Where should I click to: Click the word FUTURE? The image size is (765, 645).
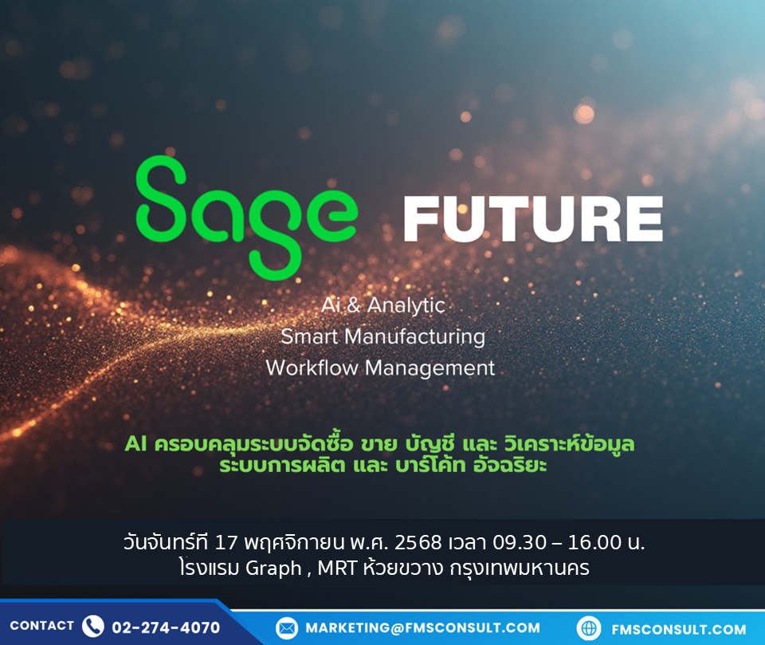point(533,219)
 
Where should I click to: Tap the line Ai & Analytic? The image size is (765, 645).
point(383,305)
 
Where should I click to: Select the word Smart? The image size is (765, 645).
point(309,336)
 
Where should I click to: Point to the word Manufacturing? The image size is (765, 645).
point(414,337)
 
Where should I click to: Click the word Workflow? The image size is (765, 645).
point(312,368)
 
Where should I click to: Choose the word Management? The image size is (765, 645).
point(430,368)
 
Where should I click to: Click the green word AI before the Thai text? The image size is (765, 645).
point(135,444)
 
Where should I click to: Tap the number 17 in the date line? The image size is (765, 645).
point(226,542)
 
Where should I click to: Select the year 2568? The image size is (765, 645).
point(418,542)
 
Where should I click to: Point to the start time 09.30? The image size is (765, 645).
point(520,542)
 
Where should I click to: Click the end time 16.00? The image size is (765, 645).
point(594,542)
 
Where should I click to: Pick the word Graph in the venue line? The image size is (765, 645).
point(273,568)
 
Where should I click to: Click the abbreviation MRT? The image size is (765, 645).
point(337,568)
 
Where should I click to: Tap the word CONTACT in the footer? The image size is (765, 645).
point(42,626)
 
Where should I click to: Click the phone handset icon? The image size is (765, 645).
point(92,626)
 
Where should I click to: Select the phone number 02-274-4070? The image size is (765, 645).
point(166,627)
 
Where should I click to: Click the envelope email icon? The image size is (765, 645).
point(287,628)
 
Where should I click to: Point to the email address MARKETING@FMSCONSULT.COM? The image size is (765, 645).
point(423,628)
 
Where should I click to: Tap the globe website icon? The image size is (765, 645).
point(589,628)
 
